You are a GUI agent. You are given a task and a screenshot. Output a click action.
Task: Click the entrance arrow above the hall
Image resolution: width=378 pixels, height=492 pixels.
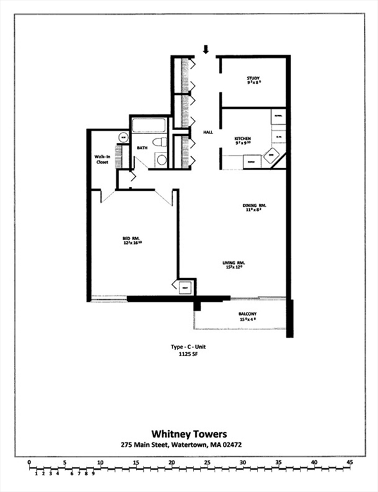pyautogui.click(x=206, y=49)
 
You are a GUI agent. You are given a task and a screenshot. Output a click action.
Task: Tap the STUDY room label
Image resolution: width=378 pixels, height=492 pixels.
pyautogui.click(x=253, y=81)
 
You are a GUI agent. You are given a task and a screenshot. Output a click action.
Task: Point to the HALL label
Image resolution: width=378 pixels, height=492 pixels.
pyautogui.click(x=208, y=132)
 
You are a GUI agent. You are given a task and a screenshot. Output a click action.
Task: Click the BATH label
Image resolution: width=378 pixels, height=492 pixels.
pyautogui.click(x=142, y=147)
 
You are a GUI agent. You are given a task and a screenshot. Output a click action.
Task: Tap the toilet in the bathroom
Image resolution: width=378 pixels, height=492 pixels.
pyautogui.click(x=160, y=142)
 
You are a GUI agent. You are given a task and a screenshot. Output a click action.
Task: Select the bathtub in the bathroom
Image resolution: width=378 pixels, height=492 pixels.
pyautogui.click(x=149, y=124)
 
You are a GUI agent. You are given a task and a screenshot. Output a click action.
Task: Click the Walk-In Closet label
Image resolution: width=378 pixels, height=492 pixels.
pyautogui.click(x=101, y=159)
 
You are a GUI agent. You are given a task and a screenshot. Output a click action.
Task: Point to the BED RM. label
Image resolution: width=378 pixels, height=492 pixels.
pyautogui.click(x=131, y=241)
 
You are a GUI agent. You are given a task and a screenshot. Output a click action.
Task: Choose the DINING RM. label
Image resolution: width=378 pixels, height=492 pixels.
pyautogui.click(x=254, y=207)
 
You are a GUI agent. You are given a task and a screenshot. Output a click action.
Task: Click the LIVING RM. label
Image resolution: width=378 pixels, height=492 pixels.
pyautogui.click(x=234, y=264)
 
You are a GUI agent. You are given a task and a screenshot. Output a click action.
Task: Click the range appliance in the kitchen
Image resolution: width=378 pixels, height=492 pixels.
pyautogui.click(x=251, y=163)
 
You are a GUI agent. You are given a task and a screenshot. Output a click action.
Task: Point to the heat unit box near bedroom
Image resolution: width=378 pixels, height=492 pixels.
pyautogui.click(x=185, y=287)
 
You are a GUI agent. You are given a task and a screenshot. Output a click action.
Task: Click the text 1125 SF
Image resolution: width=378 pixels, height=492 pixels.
pyautogui.click(x=188, y=356)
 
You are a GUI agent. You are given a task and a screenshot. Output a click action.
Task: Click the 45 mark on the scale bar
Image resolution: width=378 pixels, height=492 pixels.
pyautogui.click(x=349, y=462)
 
